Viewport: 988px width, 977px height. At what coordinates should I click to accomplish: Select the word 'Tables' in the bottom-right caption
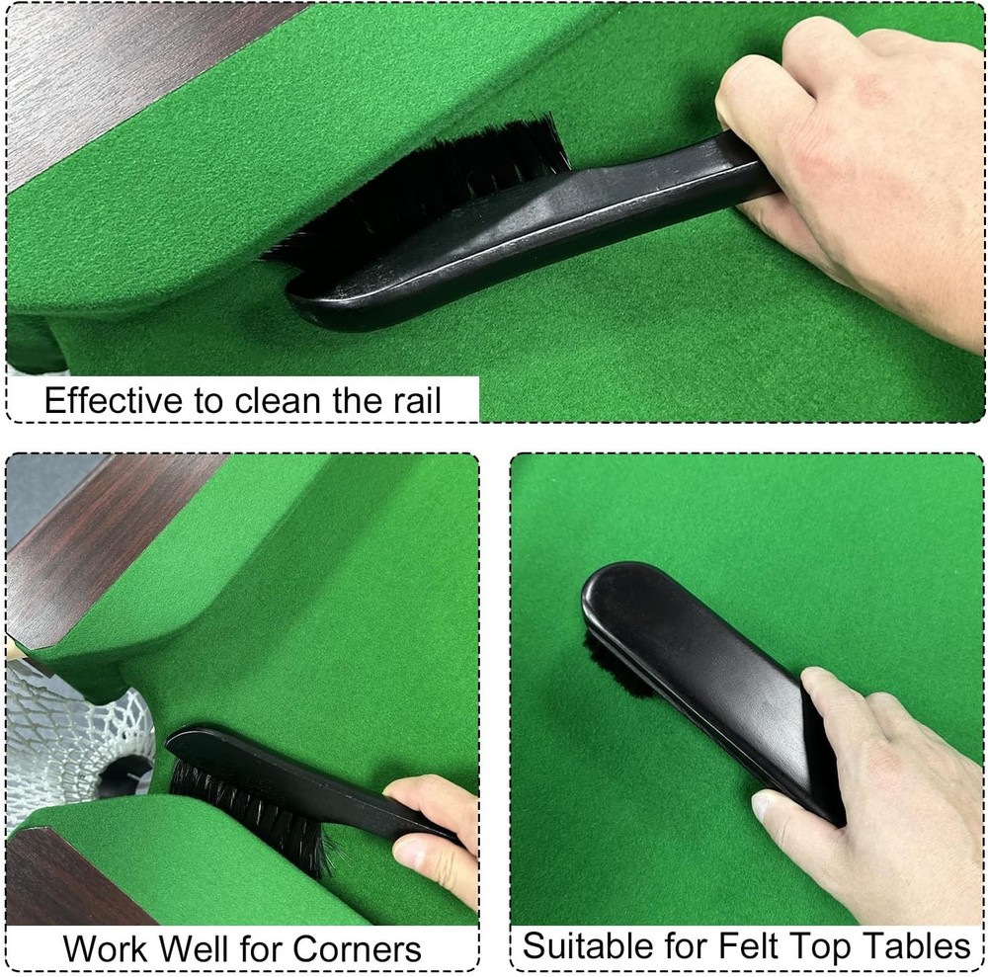point(915,945)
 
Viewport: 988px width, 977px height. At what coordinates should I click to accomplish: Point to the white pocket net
point(69,731)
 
